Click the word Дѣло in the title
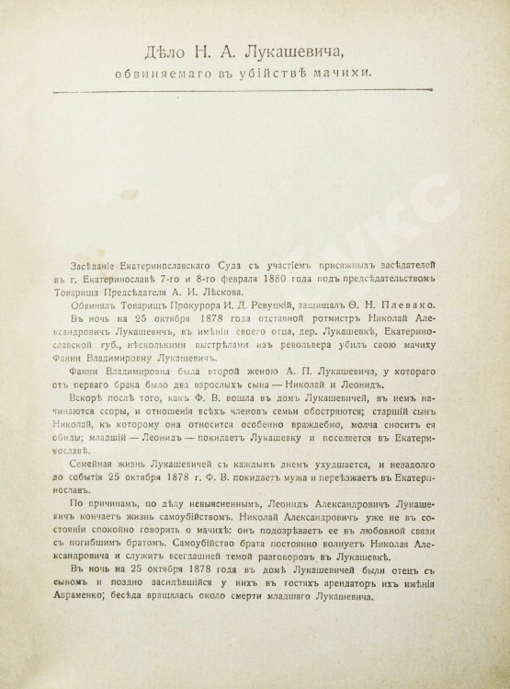click(162, 57)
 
